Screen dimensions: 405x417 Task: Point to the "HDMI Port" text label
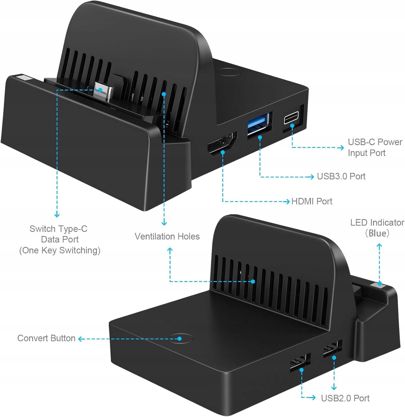click(x=312, y=201)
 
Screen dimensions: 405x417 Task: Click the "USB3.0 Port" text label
click(x=341, y=176)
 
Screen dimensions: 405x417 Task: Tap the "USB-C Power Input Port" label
click(x=375, y=147)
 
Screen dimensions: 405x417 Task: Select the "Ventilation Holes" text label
click(x=167, y=236)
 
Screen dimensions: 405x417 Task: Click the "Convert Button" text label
click(x=46, y=338)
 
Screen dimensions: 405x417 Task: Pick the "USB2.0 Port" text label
click(x=345, y=398)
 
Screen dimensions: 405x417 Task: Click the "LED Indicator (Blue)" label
click(x=377, y=228)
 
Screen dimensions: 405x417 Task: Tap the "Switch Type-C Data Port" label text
click(x=59, y=234)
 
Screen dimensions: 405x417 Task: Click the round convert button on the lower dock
click(x=181, y=338)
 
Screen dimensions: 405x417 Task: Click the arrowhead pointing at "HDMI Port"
click(x=288, y=201)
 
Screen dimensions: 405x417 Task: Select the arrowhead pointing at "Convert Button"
click(x=81, y=339)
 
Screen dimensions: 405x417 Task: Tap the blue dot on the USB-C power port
click(x=292, y=125)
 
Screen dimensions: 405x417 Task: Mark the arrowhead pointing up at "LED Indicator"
click(x=379, y=246)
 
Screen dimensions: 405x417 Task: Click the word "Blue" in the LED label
click(x=377, y=233)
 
